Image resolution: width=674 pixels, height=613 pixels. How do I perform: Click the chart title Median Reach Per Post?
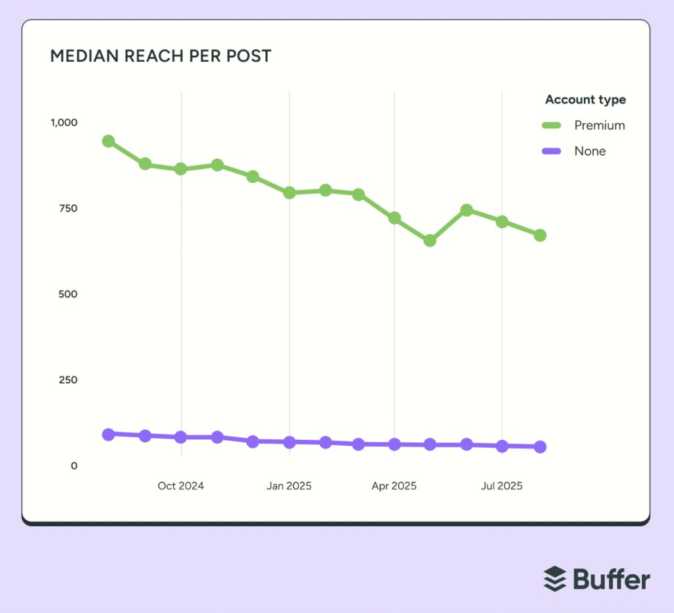click(x=161, y=56)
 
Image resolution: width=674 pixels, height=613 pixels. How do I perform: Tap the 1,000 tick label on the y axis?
click(x=65, y=122)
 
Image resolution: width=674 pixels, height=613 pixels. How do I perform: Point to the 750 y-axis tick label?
click(x=68, y=208)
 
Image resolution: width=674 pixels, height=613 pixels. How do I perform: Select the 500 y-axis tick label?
click(x=68, y=294)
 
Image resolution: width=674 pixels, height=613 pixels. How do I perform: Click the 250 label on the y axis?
click(x=68, y=380)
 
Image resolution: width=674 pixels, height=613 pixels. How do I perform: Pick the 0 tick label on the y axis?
click(x=74, y=466)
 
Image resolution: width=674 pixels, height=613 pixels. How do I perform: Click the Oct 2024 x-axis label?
click(x=181, y=486)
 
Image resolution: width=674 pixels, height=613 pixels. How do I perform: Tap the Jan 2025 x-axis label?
click(x=289, y=486)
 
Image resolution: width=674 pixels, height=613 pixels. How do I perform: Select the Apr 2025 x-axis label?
click(x=394, y=486)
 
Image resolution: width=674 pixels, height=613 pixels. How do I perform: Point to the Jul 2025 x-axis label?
click(x=502, y=486)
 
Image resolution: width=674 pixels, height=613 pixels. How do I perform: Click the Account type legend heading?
click(x=585, y=100)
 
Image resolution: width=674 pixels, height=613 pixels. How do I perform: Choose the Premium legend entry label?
click(x=599, y=125)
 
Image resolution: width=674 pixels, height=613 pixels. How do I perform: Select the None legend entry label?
click(x=590, y=151)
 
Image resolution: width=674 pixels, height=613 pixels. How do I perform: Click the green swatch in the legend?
click(x=552, y=125)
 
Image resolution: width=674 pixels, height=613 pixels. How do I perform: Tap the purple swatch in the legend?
click(x=552, y=151)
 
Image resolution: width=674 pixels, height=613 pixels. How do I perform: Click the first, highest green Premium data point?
click(x=109, y=141)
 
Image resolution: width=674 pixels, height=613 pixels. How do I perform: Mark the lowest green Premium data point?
click(x=430, y=240)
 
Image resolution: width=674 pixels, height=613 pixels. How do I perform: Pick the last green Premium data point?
click(x=540, y=235)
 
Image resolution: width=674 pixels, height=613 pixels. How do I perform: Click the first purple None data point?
click(x=109, y=434)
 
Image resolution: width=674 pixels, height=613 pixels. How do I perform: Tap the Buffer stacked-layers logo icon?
click(x=555, y=579)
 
